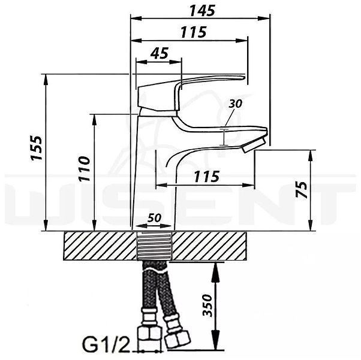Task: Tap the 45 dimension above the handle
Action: pos(158,53)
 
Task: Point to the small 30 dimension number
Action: pos(235,104)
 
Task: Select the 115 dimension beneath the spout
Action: pos(206,177)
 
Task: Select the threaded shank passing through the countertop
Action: pos(154,246)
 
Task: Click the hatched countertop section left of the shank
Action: pos(99,246)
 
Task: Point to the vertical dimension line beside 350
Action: pos(217,305)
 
